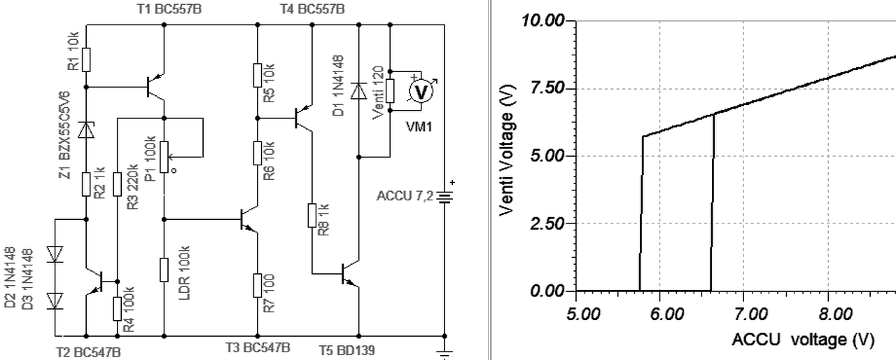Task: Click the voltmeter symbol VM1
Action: point(421,91)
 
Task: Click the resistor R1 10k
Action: point(85,59)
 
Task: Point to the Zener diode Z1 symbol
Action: point(85,130)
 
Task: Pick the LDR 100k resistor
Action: point(163,270)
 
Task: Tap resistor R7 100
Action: point(257,285)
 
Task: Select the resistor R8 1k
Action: point(311,215)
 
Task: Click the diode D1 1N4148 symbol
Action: point(358,91)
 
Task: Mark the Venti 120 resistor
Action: point(390,90)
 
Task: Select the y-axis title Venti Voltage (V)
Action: point(509,155)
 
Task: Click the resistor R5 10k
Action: point(257,74)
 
